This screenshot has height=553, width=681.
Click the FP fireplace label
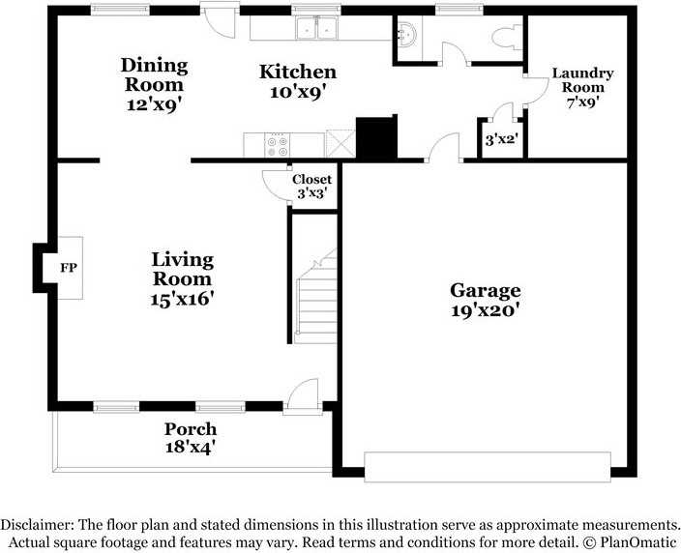click(69, 268)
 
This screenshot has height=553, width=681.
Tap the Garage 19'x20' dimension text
click(486, 310)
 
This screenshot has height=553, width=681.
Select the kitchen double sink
click(316, 28)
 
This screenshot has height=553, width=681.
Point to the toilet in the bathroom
click(507, 37)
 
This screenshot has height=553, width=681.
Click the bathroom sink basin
click(408, 34)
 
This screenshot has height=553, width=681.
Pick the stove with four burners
click(277, 145)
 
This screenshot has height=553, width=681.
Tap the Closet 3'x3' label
click(311, 186)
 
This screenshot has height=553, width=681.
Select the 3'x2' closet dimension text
click(502, 140)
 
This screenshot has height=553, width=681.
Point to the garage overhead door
click(488, 467)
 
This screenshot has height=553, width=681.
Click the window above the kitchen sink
click(315, 10)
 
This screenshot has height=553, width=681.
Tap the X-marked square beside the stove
click(340, 143)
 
